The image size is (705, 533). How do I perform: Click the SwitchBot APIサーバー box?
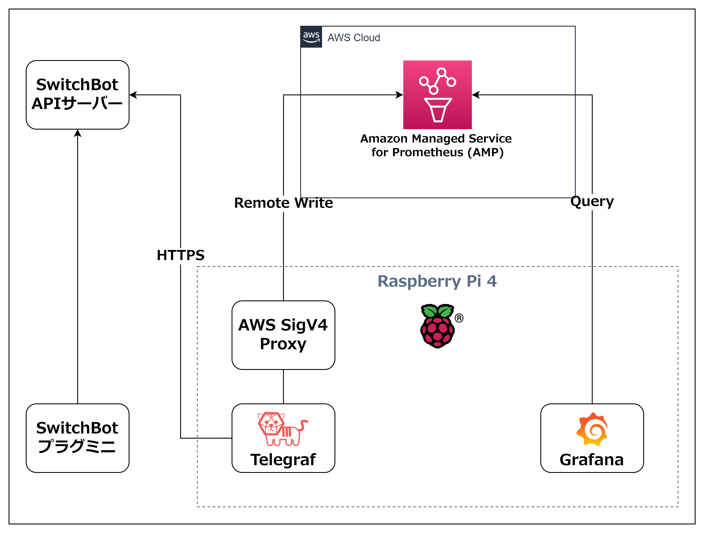[77, 95]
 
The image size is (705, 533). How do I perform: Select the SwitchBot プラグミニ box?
[77, 438]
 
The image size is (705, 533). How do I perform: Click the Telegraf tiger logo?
[282, 429]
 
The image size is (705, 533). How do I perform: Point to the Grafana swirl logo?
[592, 429]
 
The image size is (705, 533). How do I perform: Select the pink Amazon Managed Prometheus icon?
[437, 95]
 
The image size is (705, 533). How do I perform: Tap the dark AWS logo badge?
[311, 37]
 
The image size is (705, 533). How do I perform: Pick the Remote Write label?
[283, 203]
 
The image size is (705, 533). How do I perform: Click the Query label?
[592, 201]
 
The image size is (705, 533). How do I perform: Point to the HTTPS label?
[180, 255]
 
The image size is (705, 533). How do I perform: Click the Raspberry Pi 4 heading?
[437, 281]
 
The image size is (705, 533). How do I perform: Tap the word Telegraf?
[283, 460]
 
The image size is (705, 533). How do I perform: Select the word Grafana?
[592, 460]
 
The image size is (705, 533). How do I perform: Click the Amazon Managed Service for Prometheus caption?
[436, 145]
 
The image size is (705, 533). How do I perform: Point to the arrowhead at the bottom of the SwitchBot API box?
[77, 133]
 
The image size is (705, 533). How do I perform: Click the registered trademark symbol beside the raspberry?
[459, 318]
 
